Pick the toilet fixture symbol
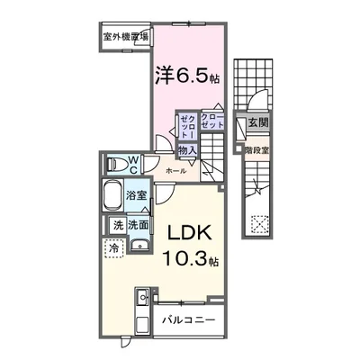115,165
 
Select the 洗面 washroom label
137,225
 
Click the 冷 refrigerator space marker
114,246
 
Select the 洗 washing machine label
117,225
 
